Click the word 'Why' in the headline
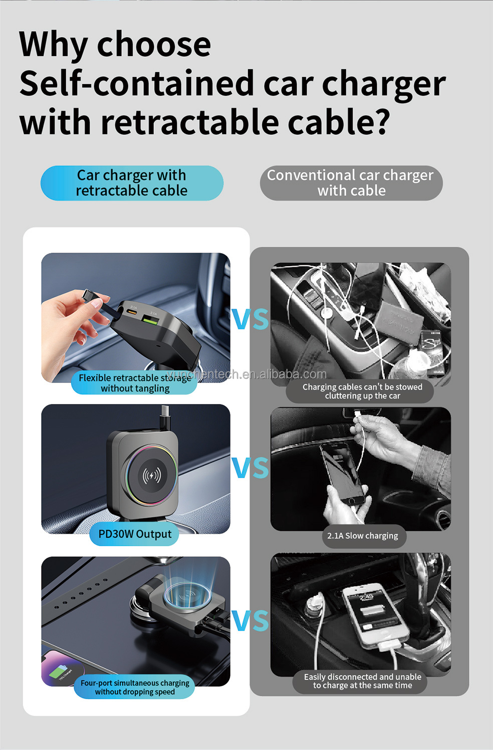tap(53, 45)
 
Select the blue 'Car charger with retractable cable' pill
tap(132, 183)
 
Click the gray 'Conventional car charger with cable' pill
tap(351, 183)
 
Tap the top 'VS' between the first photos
tap(250, 319)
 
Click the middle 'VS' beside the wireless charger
tap(250, 468)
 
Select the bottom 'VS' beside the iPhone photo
tap(250, 621)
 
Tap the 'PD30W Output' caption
tap(134, 534)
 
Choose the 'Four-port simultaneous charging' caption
tap(134, 687)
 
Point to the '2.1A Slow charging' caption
tap(362, 536)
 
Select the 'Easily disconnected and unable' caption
tap(362, 681)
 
